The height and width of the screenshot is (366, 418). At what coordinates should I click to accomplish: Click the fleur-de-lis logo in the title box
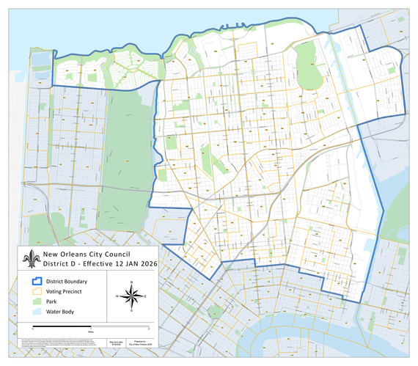31,260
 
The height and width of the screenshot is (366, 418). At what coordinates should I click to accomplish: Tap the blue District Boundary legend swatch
34,281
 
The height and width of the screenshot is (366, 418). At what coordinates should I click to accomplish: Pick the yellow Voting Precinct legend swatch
34,291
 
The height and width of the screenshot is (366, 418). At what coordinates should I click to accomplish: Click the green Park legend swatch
34,301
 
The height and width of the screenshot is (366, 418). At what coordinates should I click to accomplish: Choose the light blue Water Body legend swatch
34,312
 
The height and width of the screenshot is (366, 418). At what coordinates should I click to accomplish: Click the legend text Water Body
56,312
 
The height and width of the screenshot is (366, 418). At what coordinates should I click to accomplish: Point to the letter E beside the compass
145,296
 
